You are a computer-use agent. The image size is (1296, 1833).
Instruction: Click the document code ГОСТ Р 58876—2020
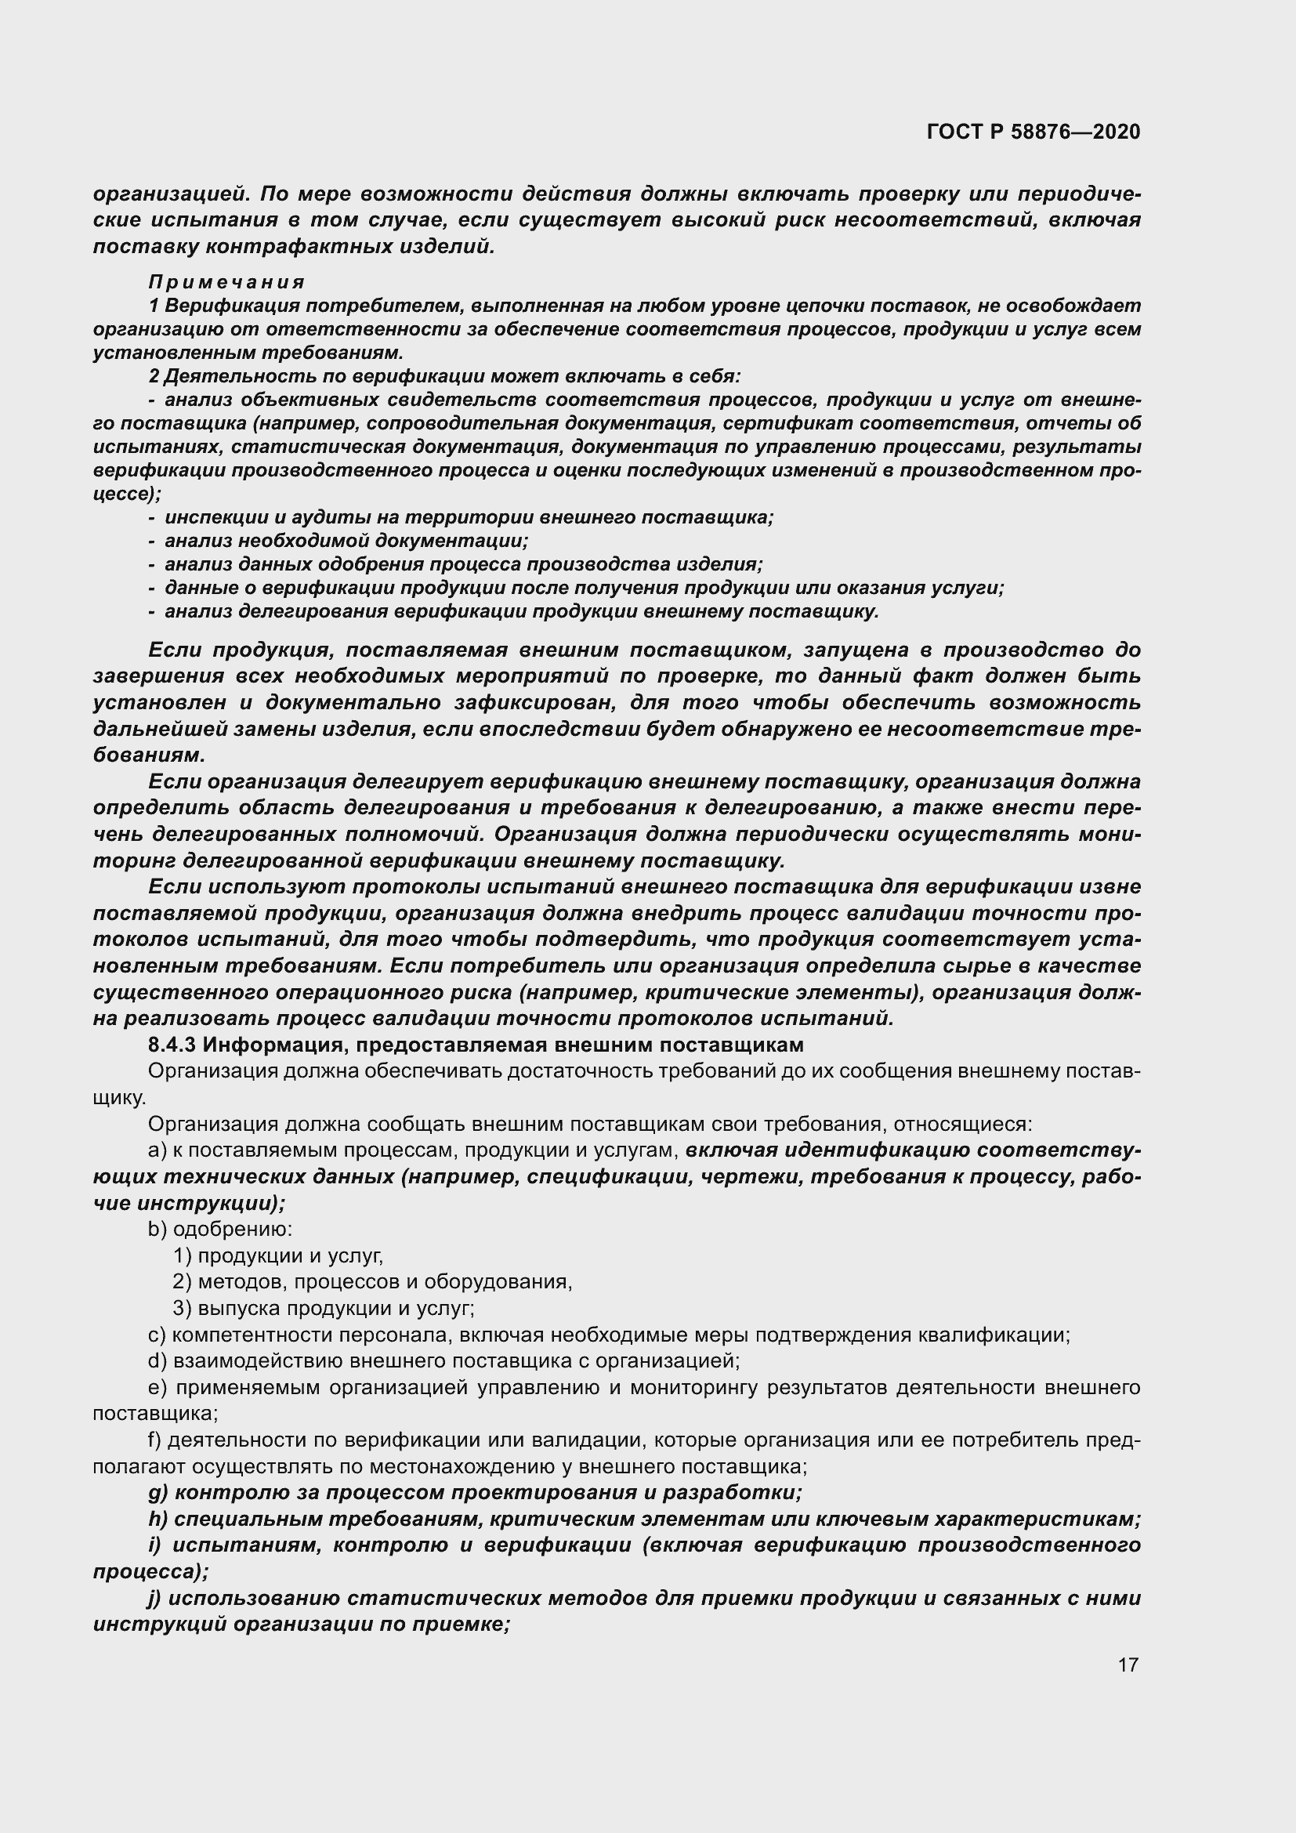tap(1034, 132)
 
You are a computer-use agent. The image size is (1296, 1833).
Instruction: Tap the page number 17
tap(1128, 1665)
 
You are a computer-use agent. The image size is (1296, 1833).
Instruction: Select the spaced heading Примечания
tap(226, 282)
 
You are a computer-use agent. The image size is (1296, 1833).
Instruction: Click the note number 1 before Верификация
tap(154, 306)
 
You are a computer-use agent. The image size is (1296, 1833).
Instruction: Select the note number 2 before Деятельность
tap(154, 376)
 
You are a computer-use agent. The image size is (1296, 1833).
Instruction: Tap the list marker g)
tap(157, 1493)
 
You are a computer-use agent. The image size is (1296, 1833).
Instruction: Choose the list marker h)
tap(157, 1520)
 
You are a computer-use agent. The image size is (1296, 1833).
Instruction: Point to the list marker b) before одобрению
tap(157, 1230)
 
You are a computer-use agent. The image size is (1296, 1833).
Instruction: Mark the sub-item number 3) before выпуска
tap(182, 1309)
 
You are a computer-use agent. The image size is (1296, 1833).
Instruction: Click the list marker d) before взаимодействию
tap(157, 1361)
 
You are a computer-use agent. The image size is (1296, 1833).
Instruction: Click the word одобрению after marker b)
tap(233, 1230)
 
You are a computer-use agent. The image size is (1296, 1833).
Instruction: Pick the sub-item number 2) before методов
tap(182, 1282)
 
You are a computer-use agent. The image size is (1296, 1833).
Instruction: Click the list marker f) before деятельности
tap(155, 1440)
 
